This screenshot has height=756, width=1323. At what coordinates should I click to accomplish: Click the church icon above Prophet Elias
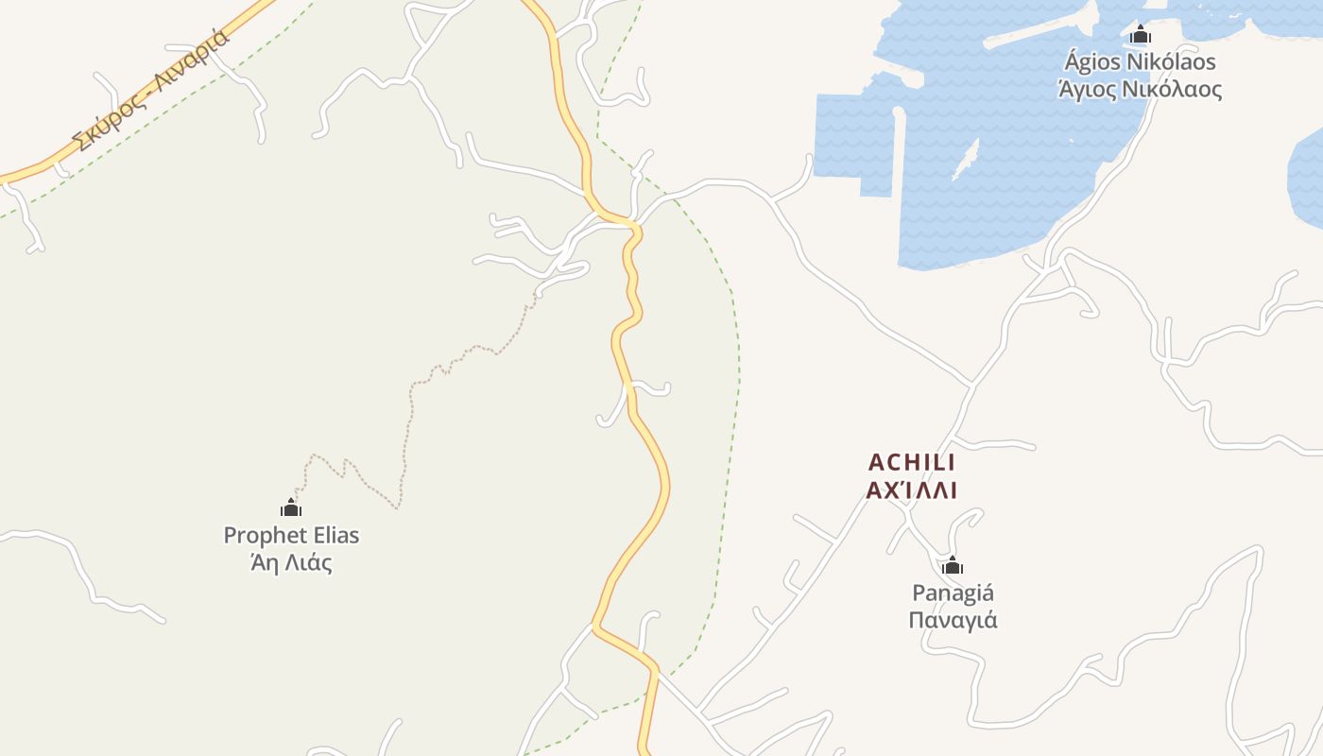point(291,508)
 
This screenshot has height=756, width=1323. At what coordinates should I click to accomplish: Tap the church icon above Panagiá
point(953,566)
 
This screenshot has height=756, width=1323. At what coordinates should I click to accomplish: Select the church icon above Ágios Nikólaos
point(1141,36)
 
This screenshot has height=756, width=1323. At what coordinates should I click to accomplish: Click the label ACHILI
point(912,462)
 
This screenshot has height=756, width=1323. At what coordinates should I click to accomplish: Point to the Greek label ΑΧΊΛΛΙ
point(912,490)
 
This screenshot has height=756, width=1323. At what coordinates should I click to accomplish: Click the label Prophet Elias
point(291,535)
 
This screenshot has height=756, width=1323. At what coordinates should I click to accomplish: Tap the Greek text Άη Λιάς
point(291,563)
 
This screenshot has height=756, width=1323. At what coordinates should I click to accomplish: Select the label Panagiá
point(953,593)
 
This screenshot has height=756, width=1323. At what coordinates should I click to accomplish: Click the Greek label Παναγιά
point(953,620)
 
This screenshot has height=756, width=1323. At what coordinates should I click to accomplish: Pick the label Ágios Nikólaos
point(1140,62)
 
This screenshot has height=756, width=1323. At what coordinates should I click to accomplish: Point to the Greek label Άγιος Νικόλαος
point(1140,90)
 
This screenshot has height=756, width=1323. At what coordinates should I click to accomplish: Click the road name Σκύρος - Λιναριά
point(152,92)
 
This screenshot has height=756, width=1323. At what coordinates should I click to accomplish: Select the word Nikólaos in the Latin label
point(1171,62)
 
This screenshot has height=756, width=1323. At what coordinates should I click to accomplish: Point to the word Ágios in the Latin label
point(1091,62)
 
